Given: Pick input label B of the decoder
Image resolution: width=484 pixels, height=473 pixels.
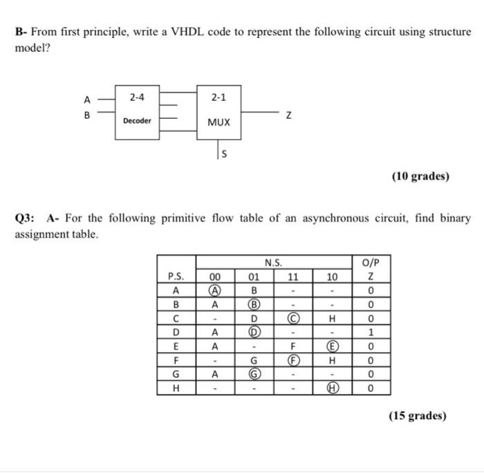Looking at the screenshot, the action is tap(87, 115).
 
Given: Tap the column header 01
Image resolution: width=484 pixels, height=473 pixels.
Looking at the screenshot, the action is tap(254, 278).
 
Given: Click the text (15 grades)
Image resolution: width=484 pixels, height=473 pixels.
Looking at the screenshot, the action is tap(418, 416).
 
